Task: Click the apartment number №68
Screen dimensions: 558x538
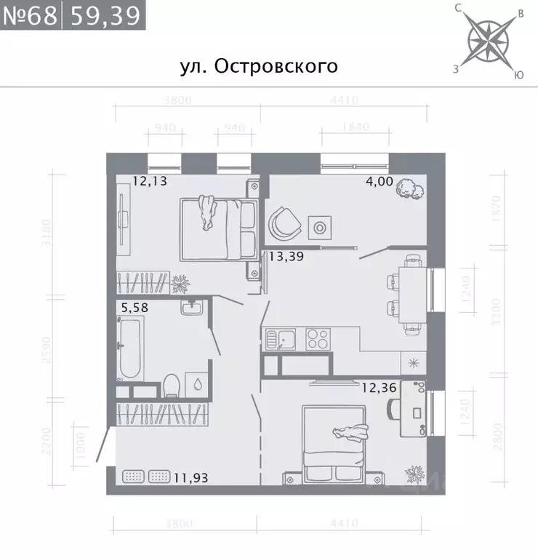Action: pyautogui.click(x=31, y=15)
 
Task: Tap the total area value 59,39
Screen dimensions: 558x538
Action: pyautogui.click(x=103, y=15)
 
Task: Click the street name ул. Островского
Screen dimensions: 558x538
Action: pyautogui.click(x=258, y=66)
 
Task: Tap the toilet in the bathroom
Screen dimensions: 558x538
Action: pyautogui.click(x=172, y=383)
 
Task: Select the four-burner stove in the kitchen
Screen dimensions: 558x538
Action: pyautogui.click(x=318, y=340)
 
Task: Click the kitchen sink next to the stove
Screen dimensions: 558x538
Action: pyautogui.click(x=278, y=340)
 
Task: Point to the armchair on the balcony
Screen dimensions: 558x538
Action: pyautogui.click(x=285, y=222)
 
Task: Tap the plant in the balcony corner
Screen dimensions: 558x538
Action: pyautogui.click(x=409, y=189)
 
